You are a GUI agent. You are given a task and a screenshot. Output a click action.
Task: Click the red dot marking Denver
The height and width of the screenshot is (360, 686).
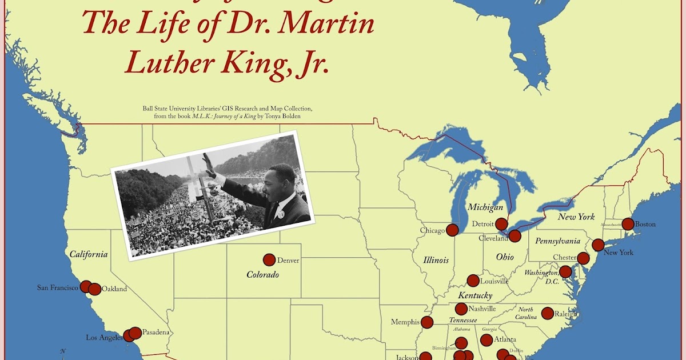(269, 260)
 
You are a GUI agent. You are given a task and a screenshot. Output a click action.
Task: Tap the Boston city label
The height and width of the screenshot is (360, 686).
(645, 224)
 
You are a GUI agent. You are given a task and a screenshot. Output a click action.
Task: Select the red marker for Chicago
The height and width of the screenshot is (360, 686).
(452, 230)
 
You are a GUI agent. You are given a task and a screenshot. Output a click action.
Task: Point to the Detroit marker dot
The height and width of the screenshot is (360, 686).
(501, 224)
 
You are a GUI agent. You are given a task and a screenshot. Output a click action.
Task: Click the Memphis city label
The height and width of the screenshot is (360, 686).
(405, 322)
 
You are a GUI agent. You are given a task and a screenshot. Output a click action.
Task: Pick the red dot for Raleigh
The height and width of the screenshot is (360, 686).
(547, 313)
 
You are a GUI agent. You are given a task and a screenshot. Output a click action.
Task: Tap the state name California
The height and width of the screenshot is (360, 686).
(89, 254)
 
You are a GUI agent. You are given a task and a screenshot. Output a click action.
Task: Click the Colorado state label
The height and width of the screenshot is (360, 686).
(262, 275)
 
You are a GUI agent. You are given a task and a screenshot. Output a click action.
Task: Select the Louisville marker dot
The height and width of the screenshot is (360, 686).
(473, 281)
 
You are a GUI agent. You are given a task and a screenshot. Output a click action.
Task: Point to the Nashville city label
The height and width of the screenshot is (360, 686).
(482, 309)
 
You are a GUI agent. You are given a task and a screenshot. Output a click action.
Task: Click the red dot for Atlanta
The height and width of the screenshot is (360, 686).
(486, 340)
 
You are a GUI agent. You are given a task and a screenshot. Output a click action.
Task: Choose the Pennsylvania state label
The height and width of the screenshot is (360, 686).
(557, 241)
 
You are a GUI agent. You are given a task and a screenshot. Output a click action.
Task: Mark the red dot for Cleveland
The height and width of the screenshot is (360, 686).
(514, 236)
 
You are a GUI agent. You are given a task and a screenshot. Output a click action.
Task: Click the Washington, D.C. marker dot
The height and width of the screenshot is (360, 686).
(565, 272)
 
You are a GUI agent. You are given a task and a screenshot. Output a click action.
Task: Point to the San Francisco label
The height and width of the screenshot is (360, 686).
(57, 287)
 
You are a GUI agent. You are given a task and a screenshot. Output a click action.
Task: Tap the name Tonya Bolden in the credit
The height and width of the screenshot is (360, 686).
(280, 117)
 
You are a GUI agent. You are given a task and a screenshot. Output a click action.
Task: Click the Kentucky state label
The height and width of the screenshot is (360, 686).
(474, 296)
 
